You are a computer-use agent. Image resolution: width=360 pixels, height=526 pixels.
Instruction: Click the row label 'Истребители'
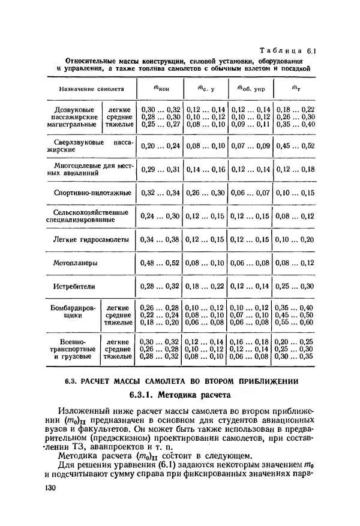click(x=74, y=286)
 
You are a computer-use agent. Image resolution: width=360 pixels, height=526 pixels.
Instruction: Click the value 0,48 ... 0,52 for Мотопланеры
click(x=160, y=263)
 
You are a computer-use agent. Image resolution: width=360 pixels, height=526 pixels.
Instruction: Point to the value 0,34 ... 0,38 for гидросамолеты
click(x=160, y=239)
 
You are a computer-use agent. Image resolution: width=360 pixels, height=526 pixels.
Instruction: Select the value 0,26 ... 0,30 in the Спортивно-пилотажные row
click(x=205, y=193)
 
